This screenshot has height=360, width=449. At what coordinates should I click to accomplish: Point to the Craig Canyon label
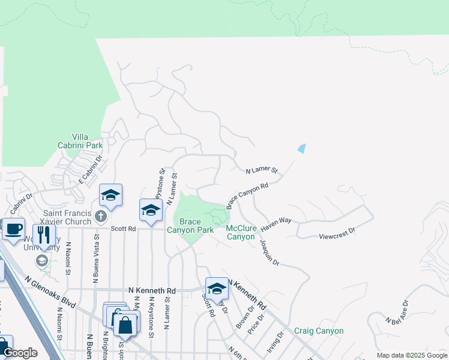click(x=319, y=331)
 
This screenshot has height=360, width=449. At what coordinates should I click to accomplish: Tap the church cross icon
click(x=101, y=215)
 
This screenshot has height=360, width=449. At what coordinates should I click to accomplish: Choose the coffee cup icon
click(x=13, y=228)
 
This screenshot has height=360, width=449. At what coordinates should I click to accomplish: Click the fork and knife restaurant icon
click(x=44, y=234)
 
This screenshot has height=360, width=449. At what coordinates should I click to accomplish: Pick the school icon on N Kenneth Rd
click(x=217, y=288)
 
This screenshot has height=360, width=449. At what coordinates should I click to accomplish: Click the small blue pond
click(x=302, y=148)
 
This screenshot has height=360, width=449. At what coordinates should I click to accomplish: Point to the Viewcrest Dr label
click(x=337, y=229)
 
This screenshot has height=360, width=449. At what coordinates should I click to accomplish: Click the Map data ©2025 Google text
click(x=412, y=355)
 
